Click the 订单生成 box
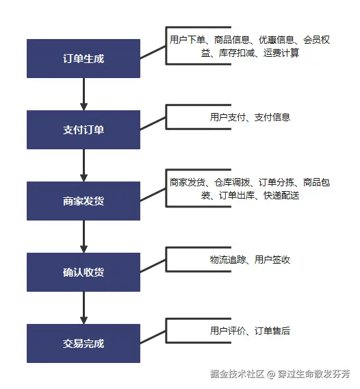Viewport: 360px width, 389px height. (83, 58)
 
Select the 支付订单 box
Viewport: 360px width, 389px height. (83, 129)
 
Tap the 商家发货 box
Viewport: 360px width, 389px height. (83, 201)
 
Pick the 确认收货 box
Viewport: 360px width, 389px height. (83, 272)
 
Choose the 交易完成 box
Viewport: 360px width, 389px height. (83, 343)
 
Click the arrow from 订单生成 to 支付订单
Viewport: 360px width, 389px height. (83, 94)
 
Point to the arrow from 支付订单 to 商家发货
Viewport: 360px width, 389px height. (83, 165)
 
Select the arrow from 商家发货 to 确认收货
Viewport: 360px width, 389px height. (83, 236)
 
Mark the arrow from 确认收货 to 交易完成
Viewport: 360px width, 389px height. (83, 308)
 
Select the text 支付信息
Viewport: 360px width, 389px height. (272, 117)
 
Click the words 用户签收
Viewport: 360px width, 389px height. (272, 260)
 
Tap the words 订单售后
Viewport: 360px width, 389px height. (272, 331)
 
